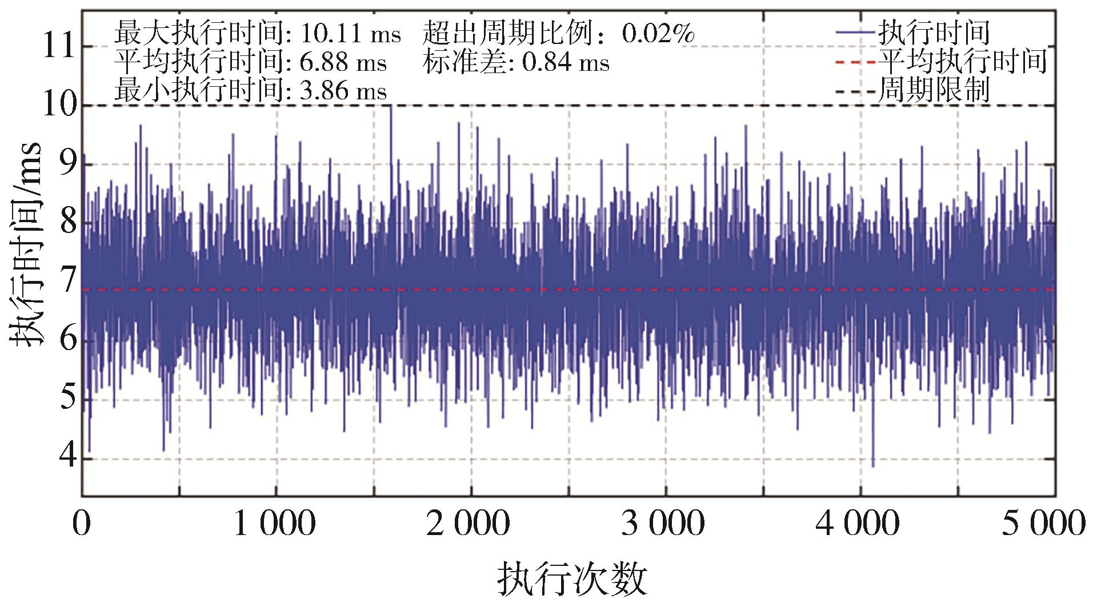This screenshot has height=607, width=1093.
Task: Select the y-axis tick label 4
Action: (x=67, y=458)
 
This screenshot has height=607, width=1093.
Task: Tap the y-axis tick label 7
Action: (x=67, y=282)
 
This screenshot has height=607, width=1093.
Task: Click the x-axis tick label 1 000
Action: (x=275, y=524)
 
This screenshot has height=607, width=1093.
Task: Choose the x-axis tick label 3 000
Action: (x=664, y=524)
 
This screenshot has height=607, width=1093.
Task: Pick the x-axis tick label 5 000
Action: (x=1043, y=524)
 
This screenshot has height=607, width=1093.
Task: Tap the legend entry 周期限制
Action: (x=934, y=90)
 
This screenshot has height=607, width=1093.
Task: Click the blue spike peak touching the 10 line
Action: (x=391, y=107)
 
